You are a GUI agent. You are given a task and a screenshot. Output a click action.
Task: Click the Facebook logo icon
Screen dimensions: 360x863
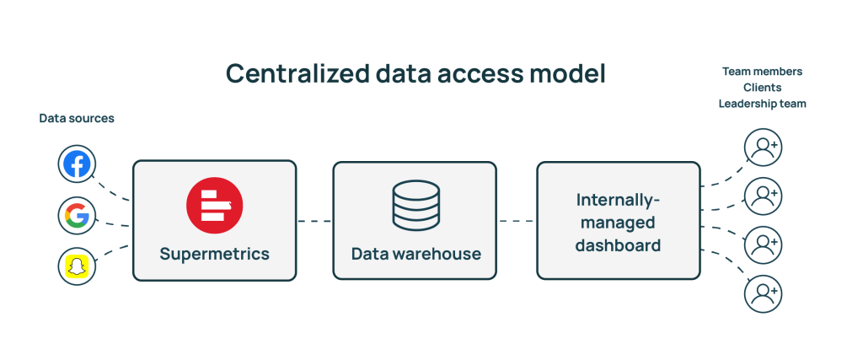click(77, 164)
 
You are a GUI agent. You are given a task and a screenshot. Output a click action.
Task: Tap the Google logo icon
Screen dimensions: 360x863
click(77, 216)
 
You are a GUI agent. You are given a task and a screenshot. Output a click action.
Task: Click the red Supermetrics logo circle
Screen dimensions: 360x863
click(214, 205)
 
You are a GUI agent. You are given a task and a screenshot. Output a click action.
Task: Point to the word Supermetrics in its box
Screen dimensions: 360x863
click(214, 253)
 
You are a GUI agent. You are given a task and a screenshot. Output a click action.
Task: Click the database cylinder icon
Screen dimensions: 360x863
click(415, 205)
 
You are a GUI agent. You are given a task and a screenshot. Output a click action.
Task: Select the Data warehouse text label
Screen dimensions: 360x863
click(415, 253)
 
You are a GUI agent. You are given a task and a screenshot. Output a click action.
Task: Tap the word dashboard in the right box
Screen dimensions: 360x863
click(618, 245)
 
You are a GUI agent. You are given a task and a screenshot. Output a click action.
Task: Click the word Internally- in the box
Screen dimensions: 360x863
click(618, 200)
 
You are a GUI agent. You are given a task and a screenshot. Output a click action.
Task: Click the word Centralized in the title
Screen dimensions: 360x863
click(296, 74)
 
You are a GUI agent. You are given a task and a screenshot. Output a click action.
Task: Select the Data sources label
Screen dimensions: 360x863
click(77, 119)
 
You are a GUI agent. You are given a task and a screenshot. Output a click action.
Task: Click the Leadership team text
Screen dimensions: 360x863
click(762, 103)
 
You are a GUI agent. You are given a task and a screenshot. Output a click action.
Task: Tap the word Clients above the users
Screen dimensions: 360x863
click(762, 88)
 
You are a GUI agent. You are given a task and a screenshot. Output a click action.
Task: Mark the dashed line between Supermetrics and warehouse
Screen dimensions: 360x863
click(314, 222)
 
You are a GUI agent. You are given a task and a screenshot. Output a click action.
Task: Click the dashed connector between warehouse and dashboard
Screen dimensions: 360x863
click(517, 222)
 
